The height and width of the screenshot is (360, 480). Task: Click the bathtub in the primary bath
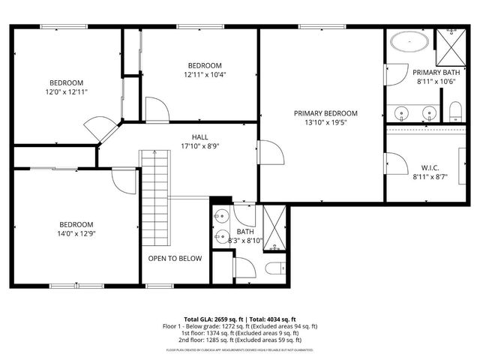409,42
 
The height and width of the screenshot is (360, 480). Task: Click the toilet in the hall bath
273,268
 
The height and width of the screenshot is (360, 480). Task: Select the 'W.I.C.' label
430,168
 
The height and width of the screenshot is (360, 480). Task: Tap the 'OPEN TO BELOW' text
175,259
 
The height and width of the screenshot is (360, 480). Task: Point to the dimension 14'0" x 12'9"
76,234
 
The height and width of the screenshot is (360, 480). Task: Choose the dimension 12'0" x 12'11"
67,91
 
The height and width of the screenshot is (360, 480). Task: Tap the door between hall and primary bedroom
269,151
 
